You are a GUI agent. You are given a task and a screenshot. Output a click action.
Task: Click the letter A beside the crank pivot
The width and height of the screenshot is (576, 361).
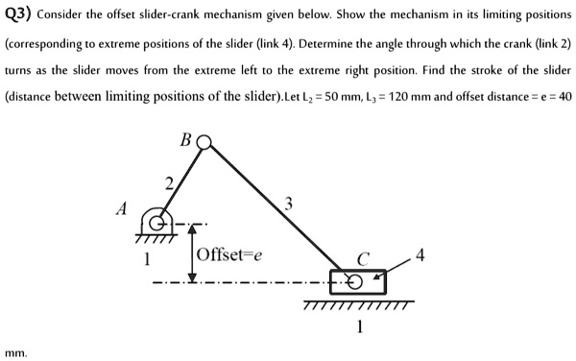[x=122, y=209]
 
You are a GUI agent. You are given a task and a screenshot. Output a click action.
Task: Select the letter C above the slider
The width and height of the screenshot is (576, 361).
[x=362, y=257]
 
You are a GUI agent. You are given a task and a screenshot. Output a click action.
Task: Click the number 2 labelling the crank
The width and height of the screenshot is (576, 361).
[x=169, y=183]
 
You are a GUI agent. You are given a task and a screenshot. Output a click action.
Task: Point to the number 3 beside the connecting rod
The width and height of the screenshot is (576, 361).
[x=289, y=202]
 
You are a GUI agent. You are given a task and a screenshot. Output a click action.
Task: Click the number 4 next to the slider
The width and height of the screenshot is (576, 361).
[x=420, y=256]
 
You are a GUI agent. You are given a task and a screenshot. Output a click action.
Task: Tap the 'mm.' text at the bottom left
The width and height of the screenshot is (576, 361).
[x=16, y=353]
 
